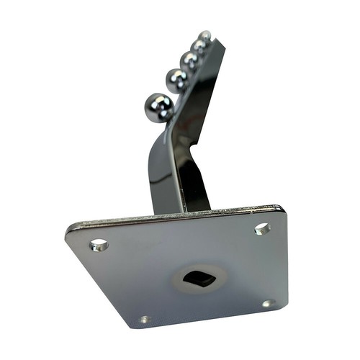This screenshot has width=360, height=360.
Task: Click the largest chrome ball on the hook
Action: point(158,108)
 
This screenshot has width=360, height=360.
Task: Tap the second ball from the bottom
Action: point(177,79)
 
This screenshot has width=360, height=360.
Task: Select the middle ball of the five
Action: point(191,60)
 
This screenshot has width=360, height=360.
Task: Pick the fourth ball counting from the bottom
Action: point(199,46)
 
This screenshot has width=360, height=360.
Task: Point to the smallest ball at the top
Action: point(206,35)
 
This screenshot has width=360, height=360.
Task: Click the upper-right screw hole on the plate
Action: point(262,229)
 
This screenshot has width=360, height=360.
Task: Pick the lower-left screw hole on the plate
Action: point(145,319)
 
